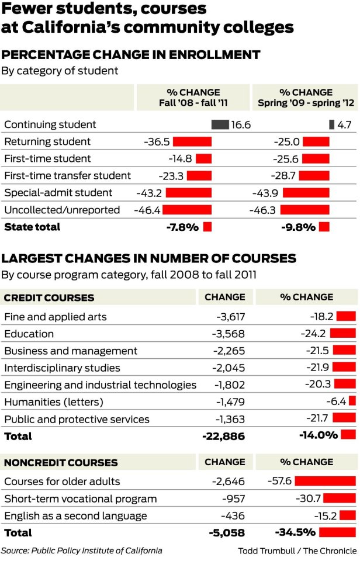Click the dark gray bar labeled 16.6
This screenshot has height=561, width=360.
pos(220,124)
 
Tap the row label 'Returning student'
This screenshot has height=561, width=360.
pos(47,141)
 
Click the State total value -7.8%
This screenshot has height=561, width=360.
pos(182,227)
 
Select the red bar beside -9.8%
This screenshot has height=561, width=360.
pos(324,227)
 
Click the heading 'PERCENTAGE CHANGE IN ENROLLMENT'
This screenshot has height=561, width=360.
pos(131,55)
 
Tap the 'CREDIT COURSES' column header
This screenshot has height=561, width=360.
pos(49,297)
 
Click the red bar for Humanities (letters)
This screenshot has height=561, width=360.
pos(352,401)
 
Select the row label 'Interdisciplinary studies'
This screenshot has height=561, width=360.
pos(62,368)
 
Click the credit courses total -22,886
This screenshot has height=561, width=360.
pos(223,436)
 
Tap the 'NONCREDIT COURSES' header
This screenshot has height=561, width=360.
pos(61,462)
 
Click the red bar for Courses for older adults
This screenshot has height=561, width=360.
pos(325,482)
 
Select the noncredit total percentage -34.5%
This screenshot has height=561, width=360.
pos(295,532)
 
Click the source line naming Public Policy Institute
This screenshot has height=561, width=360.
pos(81,550)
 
